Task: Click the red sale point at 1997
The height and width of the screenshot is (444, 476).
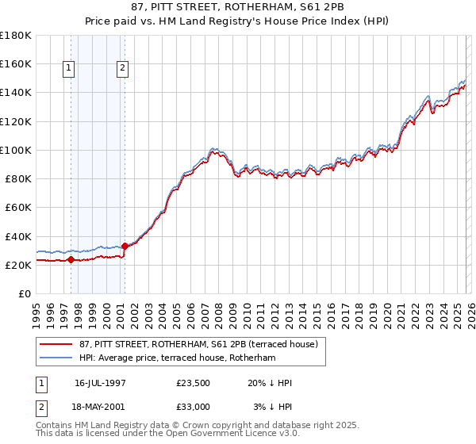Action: point(71,259)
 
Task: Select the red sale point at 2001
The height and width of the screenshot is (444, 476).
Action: point(125,246)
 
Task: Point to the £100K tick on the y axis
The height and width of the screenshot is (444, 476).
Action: point(16,150)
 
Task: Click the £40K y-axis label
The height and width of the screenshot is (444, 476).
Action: point(17,236)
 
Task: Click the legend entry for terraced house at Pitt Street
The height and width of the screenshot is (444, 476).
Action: point(198,344)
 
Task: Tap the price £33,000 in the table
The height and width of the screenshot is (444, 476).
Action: point(193,406)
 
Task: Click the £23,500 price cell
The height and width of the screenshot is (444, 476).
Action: point(193,383)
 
